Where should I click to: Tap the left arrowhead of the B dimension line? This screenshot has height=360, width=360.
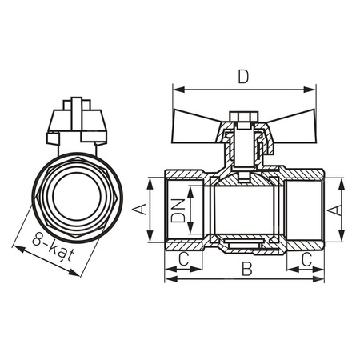[169, 279]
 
